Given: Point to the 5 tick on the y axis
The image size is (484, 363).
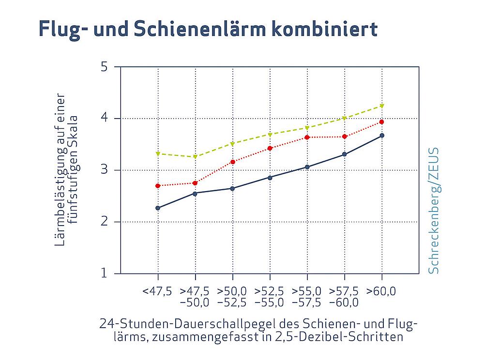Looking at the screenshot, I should (104, 66).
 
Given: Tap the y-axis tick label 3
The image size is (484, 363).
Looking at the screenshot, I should (104, 170).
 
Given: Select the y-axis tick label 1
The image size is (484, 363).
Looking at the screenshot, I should (104, 274).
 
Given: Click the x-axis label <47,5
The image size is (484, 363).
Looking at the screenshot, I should (157, 291).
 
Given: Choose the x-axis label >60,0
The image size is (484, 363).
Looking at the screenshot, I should (381, 291).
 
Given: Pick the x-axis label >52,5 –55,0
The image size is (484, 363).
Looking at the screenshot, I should (269, 297).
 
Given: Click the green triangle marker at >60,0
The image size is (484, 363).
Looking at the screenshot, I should (382, 106).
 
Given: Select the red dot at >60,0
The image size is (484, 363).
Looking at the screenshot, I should (382, 122).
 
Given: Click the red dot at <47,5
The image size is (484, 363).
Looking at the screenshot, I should (158, 186).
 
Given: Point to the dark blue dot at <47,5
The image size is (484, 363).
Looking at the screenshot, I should (158, 208).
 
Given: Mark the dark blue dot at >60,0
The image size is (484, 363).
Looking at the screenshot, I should (382, 136).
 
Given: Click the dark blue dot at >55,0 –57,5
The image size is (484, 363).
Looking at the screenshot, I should (307, 167).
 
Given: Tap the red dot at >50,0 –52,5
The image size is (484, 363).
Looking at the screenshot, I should (233, 162).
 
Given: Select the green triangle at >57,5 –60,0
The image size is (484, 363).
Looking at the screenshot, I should (345, 118).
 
